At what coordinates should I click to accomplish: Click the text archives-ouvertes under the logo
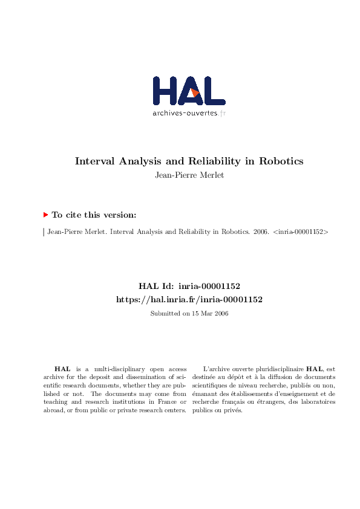point(185,112)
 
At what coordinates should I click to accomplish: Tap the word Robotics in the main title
point(281,161)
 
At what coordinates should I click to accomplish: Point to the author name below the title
point(189,176)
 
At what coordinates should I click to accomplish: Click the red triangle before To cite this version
point(45,215)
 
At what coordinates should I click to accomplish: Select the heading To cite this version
point(94,215)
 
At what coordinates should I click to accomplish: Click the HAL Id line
point(189,285)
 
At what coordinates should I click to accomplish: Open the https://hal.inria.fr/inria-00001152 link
point(189,299)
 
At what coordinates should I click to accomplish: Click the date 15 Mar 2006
point(208,313)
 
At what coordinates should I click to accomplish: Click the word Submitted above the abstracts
point(164,313)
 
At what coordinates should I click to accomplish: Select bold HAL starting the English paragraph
point(62,368)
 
